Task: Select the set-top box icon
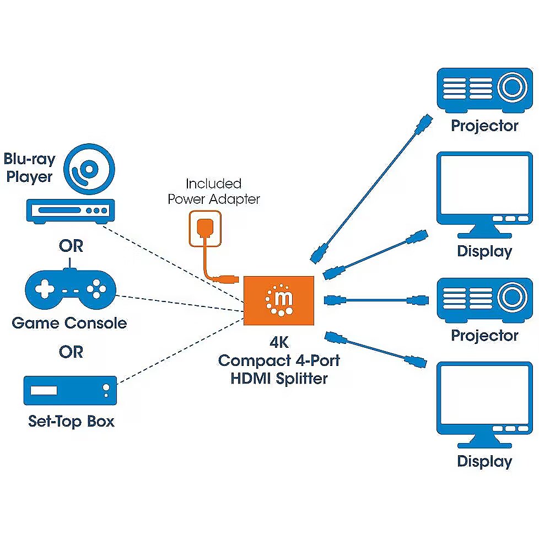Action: coord(70,391)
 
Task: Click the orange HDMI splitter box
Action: coord(279,301)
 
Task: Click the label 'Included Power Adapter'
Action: coord(213,191)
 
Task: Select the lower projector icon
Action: coord(483,300)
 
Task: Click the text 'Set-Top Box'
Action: coord(71,422)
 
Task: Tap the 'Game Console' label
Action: coord(69,323)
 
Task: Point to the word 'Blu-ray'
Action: coord(30,160)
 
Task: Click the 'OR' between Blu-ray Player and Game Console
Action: coord(71,246)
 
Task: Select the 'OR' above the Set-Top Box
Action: coord(71,352)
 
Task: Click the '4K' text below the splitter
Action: coord(279,343)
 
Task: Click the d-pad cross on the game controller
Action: coord(44,288)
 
